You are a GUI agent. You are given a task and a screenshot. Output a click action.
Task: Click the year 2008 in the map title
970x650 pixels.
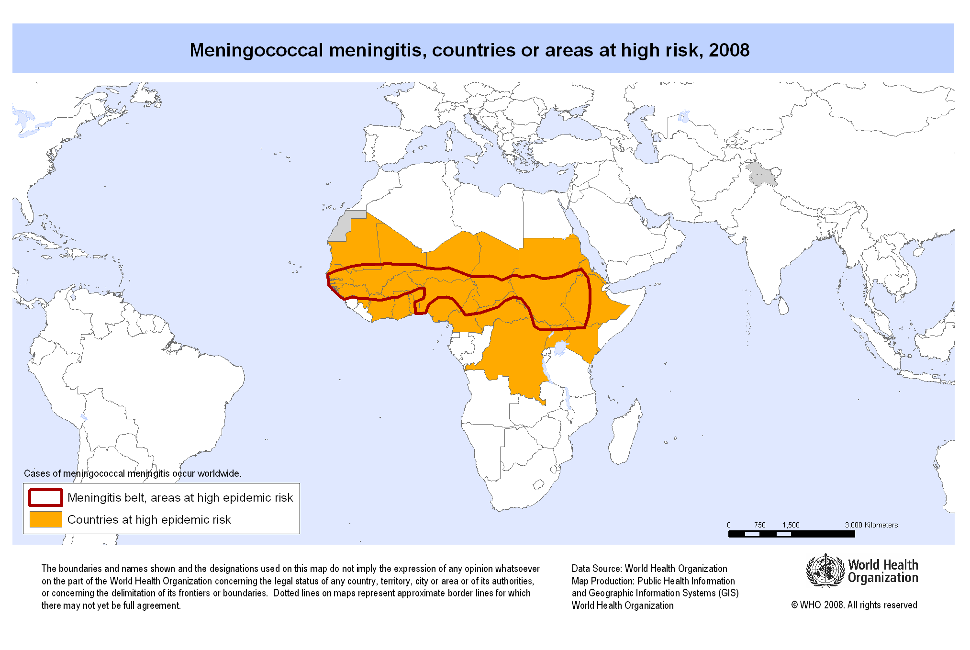click(x=729, y=50)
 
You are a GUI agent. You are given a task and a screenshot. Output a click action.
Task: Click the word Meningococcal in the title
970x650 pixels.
click(x=256, y=50)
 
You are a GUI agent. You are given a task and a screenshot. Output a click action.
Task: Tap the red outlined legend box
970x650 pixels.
click(x=45, y=497)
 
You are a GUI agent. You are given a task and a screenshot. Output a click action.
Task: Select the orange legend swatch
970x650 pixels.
click(x=45, y=519)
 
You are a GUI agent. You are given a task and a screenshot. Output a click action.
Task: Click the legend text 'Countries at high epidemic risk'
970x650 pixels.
click(x=149, y=520)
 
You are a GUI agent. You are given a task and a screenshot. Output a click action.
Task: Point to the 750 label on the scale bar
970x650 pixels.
click(x=759, y=525)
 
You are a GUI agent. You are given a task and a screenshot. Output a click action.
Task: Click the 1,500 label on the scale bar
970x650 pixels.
click(x=791, y=525)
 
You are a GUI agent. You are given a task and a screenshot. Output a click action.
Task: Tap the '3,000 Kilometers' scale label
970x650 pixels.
click(x=871, y=525)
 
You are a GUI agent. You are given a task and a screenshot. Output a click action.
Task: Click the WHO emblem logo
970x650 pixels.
click(x=825, y=571)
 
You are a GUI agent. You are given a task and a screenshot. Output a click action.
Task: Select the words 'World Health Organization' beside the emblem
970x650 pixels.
click(x=883, y=571)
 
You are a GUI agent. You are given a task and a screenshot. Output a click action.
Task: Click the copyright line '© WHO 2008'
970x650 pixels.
click(x=854, y=605)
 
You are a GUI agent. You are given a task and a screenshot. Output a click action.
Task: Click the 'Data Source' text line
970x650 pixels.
click(x=649, y=569)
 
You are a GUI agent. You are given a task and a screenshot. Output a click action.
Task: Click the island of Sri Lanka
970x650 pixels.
click(x=783, y=306)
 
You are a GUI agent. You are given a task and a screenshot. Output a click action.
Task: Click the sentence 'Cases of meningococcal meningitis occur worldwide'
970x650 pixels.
click(x=133, y=473)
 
